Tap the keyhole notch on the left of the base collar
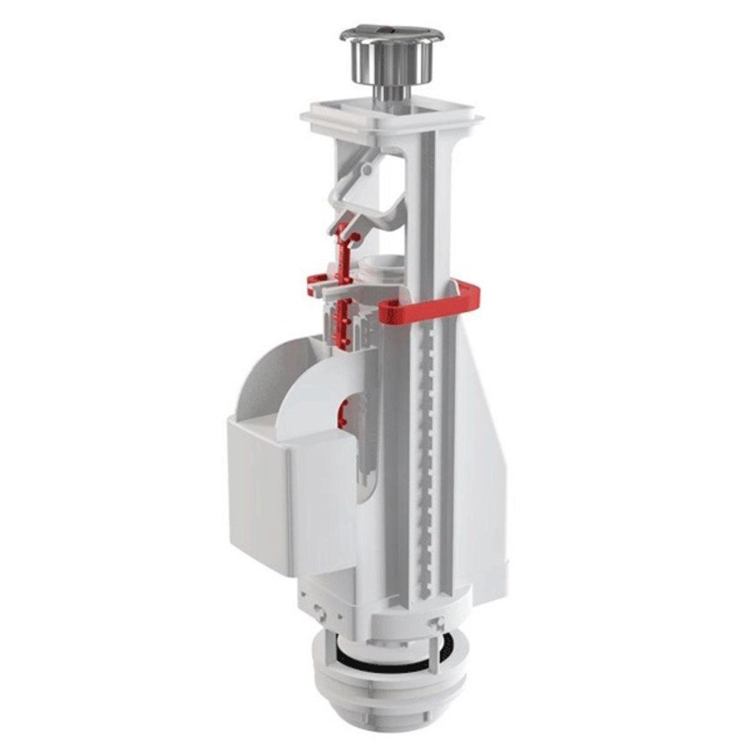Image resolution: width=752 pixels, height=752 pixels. coord(320,607)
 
